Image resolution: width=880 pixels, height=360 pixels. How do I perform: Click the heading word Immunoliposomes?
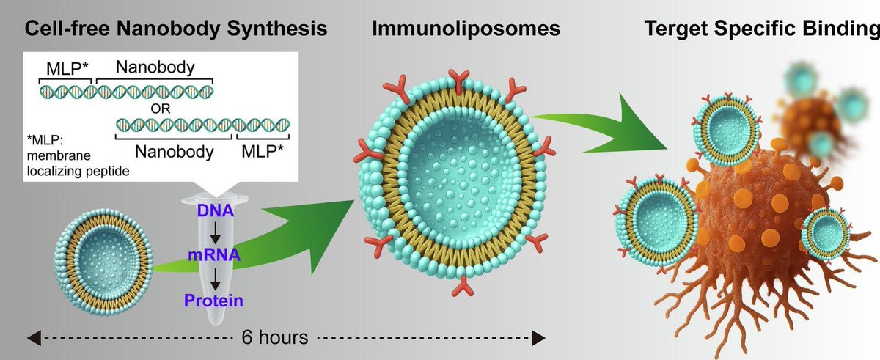tap(466, 29)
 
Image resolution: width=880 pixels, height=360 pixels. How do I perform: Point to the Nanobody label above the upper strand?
tap(155, 68)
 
